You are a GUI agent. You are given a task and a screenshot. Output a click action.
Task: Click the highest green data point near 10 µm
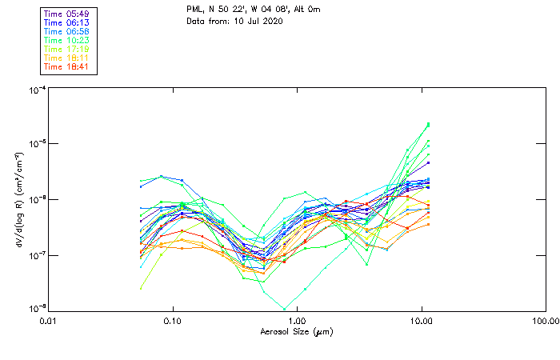point(429,124)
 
